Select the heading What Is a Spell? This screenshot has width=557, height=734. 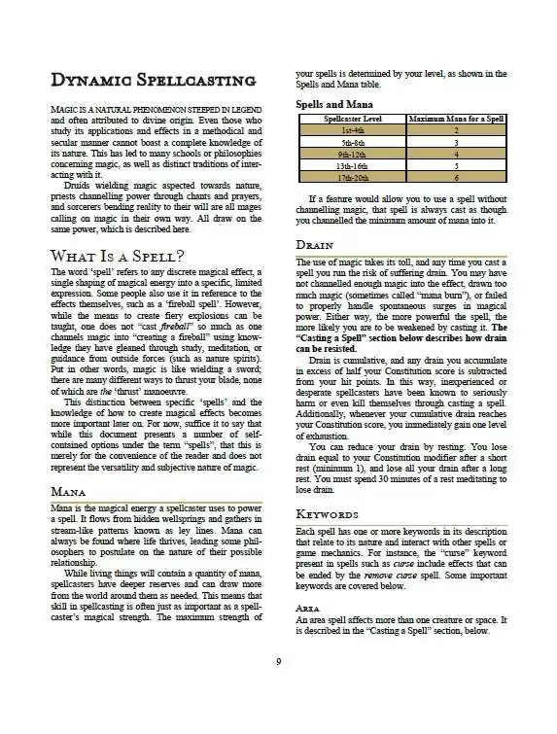click(x=117, y=256)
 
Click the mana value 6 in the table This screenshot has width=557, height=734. click(x=456, y=178)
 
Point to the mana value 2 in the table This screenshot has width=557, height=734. click(x=456, y=129)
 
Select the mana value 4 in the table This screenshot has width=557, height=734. click(x=456, y=154)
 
